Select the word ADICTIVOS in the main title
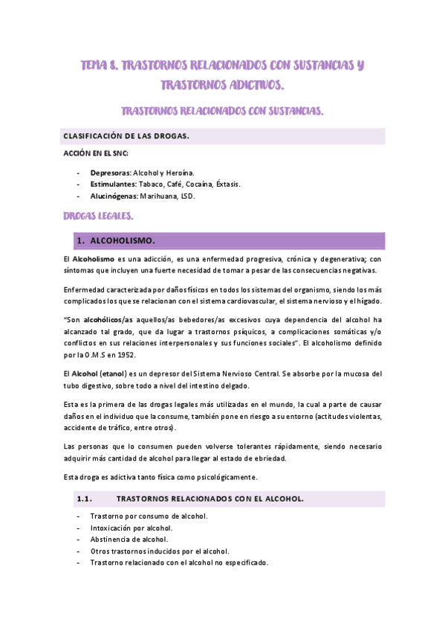click(x=253, y=86)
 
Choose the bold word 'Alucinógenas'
click(x=111, y=196)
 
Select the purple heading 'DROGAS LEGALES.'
click(x=100, y=216)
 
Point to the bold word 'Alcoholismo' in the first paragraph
click(x=94, y=258)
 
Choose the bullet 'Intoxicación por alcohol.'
click(x=131, y=528)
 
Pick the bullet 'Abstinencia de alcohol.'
click(x=129, y=539)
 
